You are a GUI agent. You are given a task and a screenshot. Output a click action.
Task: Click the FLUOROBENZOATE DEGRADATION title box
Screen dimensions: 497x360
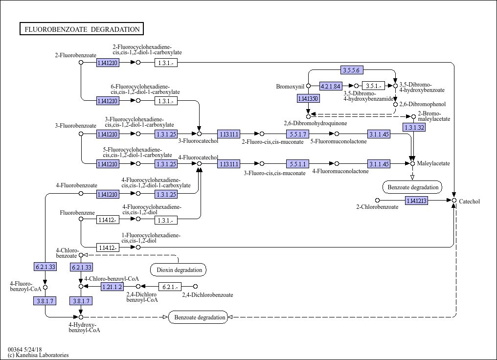[82, 29]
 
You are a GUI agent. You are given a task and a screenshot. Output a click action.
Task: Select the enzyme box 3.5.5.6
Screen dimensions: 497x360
[352, 70]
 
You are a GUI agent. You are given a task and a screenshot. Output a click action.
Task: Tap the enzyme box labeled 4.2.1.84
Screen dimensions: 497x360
[331, 86]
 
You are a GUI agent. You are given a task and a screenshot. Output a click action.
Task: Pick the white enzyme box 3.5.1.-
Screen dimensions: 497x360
[373, 86]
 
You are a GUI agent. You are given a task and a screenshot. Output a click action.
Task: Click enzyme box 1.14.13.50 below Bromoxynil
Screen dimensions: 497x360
[308, 98]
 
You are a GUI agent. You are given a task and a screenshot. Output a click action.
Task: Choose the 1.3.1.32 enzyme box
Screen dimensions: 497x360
[414, 127]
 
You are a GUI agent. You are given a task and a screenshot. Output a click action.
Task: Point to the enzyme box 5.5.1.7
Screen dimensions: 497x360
[297, 134]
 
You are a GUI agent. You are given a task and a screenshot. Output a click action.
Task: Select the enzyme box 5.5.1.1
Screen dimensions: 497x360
[297, 164]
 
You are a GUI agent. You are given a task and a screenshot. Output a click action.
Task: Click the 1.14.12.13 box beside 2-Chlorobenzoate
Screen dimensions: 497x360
[416, 200]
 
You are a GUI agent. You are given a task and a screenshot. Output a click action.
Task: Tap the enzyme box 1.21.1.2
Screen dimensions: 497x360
[112, 287]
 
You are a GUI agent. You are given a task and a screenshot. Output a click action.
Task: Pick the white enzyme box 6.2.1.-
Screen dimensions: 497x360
[170, 287]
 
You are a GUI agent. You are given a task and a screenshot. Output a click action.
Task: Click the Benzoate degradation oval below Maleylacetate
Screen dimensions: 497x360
[413, 187]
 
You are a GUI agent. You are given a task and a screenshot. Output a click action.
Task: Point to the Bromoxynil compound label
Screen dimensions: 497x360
[290, 87]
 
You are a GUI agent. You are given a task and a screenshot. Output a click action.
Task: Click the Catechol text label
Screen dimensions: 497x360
[469, 201]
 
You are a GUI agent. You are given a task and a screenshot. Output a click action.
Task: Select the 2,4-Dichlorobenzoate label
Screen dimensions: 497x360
[207, 295]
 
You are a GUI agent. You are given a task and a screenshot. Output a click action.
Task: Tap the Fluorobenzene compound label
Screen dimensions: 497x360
[77, 213]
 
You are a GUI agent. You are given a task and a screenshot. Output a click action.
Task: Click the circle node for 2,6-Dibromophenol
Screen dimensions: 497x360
[395, 104]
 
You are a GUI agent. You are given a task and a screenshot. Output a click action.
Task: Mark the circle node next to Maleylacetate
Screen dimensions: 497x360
[412, 163]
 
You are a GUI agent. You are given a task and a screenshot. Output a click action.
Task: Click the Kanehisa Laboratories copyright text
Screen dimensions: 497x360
[38, 355]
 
